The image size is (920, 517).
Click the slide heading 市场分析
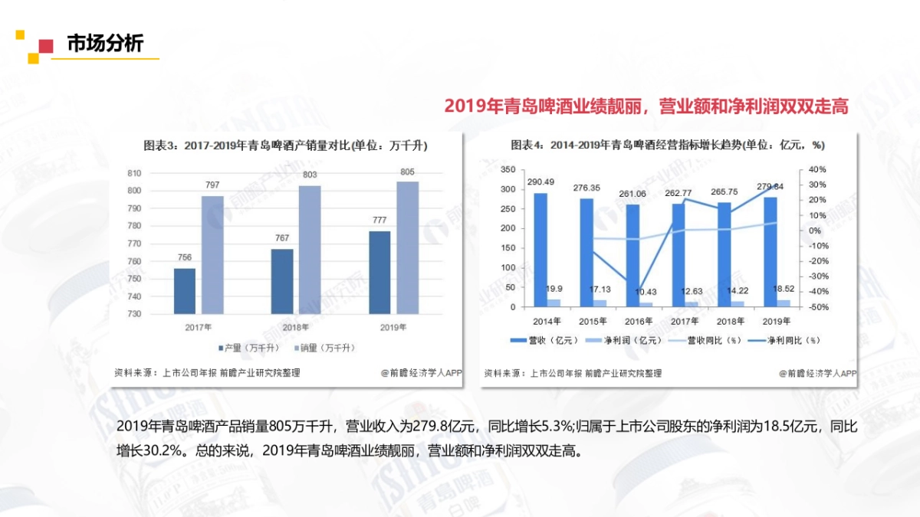105,44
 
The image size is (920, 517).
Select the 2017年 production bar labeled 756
185,291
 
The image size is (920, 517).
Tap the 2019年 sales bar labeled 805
408,247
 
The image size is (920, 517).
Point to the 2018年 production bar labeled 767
282,281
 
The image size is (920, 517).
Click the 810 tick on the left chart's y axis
134,173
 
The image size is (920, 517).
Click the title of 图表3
285,146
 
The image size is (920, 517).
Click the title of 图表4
667,146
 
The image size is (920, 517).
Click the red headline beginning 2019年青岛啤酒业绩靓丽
646,106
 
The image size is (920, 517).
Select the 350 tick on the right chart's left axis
506,169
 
